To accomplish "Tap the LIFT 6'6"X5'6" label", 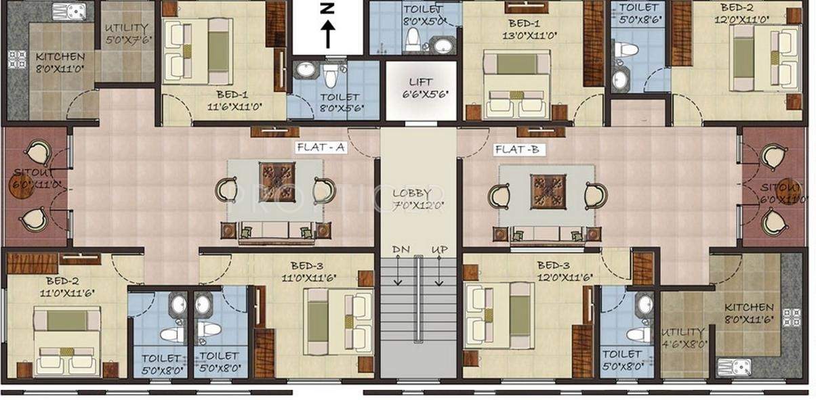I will pyautogui.click(x=420, y=87).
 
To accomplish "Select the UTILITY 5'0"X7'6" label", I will pyautogui.click(x=127, y=35).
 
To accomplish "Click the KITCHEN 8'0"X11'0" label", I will pyautogui.click(x=60, y=63).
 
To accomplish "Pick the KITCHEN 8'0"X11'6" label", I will pyautogui.click(x=748, y=313).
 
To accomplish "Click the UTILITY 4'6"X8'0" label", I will pyautogui.click(x=684, y=338).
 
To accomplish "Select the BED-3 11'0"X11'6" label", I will pyautogui.click(x=308, y=271).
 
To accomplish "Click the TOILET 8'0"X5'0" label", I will pyautogui.click(x=424, y=15).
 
